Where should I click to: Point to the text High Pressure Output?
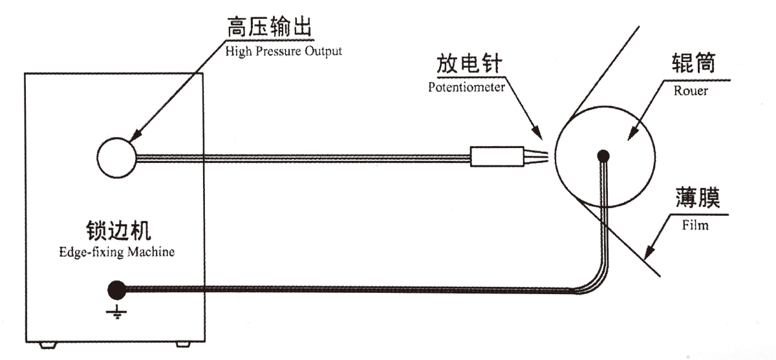pos(284,50)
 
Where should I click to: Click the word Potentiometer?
pos(466,87)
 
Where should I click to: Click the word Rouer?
pos(691,91)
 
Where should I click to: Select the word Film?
pos(696,226)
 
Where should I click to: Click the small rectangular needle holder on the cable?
pos(496,156)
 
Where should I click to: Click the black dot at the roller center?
pos(603,156)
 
